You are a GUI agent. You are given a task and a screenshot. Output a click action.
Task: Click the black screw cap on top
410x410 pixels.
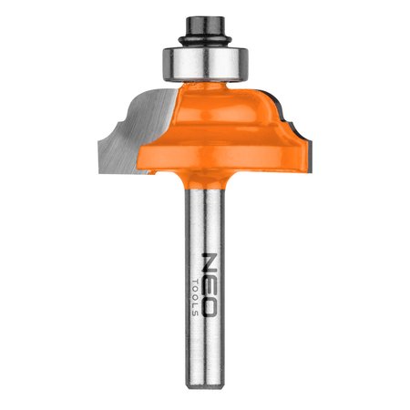[205, 26]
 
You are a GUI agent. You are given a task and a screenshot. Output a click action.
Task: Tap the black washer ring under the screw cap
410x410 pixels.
[205, 40]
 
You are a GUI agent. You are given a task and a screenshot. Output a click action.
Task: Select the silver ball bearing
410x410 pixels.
[205, 64]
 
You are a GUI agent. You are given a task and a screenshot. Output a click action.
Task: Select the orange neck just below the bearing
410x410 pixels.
[205, 87]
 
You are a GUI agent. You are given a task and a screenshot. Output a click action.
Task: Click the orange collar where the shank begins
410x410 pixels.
[205, 179]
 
